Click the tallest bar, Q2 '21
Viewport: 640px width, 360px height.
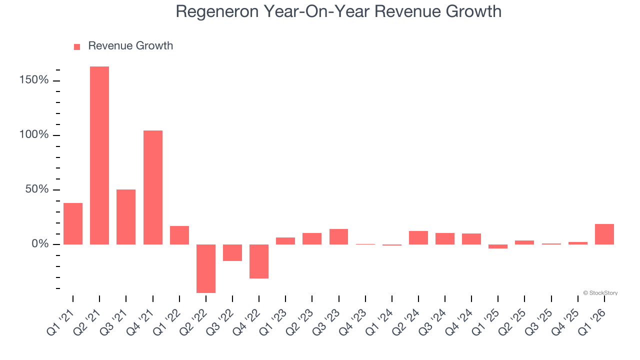point(99,155)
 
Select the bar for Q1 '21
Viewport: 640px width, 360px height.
point(73,223)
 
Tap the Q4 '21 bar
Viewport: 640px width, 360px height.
point(153,187)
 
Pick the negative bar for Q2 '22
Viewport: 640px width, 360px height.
point(206,268)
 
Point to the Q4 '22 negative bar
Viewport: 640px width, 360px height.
point(259,261)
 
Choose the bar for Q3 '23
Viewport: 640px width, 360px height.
point(338,236)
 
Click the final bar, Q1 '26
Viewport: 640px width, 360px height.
point(604,234)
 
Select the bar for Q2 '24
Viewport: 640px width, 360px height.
point(418,237)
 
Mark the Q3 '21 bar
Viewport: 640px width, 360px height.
point(126,216)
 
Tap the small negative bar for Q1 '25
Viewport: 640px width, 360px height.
point(498,246)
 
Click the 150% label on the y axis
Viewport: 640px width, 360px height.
point(34,80)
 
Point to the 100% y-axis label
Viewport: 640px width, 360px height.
point(34,135)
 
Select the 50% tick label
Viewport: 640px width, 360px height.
point(37,189)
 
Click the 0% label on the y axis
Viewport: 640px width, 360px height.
point(40,244)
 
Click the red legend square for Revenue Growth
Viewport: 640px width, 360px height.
point(77,47)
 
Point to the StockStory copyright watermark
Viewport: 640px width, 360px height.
point(600,293)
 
